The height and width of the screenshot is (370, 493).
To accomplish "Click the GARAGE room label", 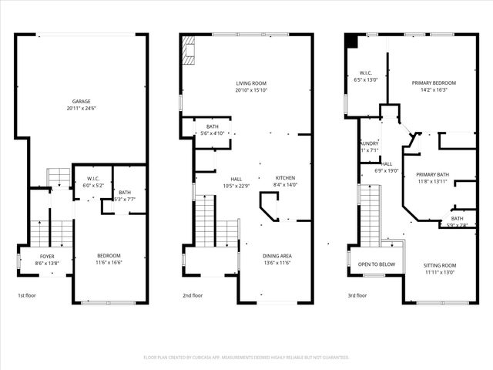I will tap(82, 102).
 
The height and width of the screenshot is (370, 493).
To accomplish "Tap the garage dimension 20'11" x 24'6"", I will tap(82, 109).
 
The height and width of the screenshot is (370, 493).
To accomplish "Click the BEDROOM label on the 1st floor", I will tap(109, 256).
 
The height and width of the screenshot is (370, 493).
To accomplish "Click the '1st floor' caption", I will tap(26, 295).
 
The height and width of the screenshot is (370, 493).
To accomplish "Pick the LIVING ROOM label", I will tap(251, 83).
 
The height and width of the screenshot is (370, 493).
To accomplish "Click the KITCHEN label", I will tap(284, 179).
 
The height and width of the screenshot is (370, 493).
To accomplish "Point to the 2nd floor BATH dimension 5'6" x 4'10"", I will tap(212, 133).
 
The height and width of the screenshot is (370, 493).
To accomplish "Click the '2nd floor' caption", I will tap(193, 295).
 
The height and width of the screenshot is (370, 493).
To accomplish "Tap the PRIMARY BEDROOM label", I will tap(434, 83).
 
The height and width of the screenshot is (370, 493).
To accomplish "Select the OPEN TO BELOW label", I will tap(377, 264).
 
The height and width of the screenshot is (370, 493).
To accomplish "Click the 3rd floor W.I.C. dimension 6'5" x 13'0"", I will tap(366, 79).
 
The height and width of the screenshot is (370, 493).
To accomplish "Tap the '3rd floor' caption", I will tap(357, 295).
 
